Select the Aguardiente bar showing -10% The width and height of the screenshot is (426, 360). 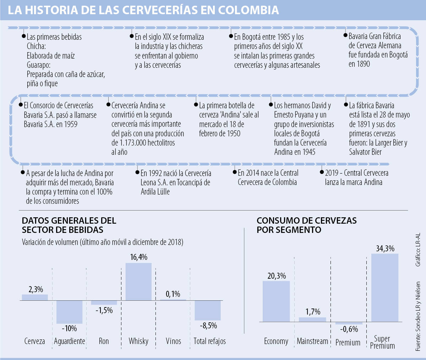(x=69, y=312)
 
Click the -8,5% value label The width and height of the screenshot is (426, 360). (x=208, y=326)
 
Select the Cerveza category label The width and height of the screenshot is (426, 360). (x=35, y=341)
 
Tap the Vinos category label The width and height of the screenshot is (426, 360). (x=173, y=341)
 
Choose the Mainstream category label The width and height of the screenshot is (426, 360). (x=312, y=341)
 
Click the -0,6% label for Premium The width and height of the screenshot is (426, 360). (x=349, y=329)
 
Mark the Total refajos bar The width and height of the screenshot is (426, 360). (x=208, y=311)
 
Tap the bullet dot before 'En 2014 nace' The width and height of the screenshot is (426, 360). (x=235, y=172)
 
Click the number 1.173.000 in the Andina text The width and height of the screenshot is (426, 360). (x=133, y=143)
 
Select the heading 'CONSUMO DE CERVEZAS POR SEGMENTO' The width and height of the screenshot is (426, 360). (x=306, y=225)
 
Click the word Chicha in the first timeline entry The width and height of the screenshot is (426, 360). (x=36, y=46)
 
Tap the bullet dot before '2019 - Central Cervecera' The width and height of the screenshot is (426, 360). (x=322, y=172)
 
